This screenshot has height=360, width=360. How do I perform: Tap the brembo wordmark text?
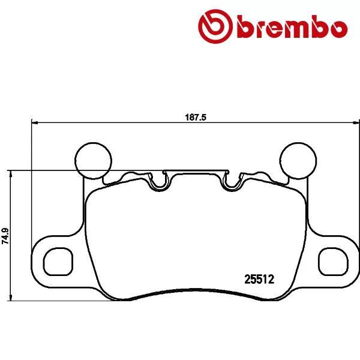pos(292,28)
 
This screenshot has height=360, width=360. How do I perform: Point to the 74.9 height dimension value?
pos(5,235)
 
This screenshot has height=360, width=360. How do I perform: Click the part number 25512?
pos(259,278)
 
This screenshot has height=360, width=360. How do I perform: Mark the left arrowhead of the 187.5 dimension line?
pos(34,124)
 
